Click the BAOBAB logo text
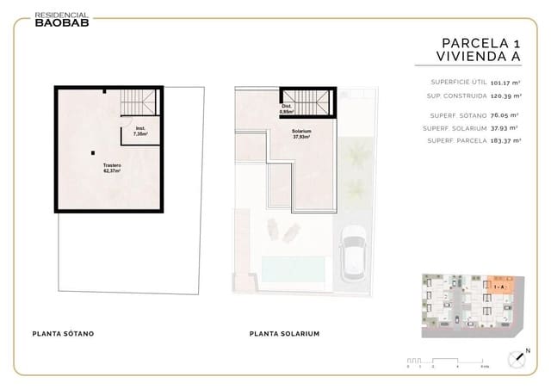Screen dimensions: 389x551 [61, 23]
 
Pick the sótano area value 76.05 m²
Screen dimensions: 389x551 [503, 114]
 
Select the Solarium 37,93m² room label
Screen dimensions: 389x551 [301, 133]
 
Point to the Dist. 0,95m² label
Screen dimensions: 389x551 [287, 109]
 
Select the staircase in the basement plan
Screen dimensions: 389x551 [150, 102]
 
